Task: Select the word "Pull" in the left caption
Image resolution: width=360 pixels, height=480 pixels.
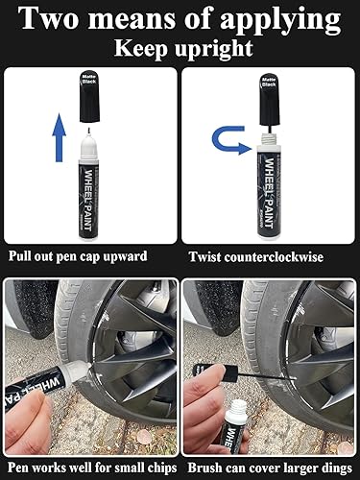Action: (x=23, y=258)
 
